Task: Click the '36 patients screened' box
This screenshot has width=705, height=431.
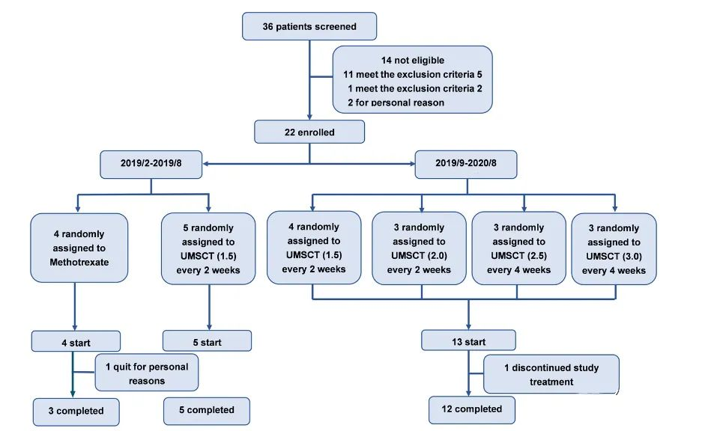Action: coord(309,26)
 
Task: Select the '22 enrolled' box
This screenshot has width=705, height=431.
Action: coord(309,132)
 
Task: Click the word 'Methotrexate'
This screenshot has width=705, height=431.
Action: coord(79,263)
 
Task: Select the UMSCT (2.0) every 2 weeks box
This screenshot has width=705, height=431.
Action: coord(420,248)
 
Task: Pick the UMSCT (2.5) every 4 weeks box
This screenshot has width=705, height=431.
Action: coord(518,248)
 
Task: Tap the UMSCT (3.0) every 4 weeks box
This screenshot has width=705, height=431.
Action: coord(614,249)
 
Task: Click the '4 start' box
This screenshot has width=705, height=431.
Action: coord(75,341)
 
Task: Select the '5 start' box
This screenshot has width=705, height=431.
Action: coord(207,341)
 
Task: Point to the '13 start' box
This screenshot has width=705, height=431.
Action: coord(469,341)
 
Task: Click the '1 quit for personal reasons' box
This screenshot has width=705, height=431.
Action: coord(146,373)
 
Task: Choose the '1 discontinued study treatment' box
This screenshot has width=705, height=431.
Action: coord(551,374)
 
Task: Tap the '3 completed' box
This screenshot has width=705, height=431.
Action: coord(78,411)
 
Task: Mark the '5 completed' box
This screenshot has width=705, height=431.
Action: coord(206,410)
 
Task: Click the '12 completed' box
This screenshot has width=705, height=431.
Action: coord(471,410)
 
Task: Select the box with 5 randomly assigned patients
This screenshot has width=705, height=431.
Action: coord(209,248)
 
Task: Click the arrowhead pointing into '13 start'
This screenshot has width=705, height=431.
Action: coord(469,326)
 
